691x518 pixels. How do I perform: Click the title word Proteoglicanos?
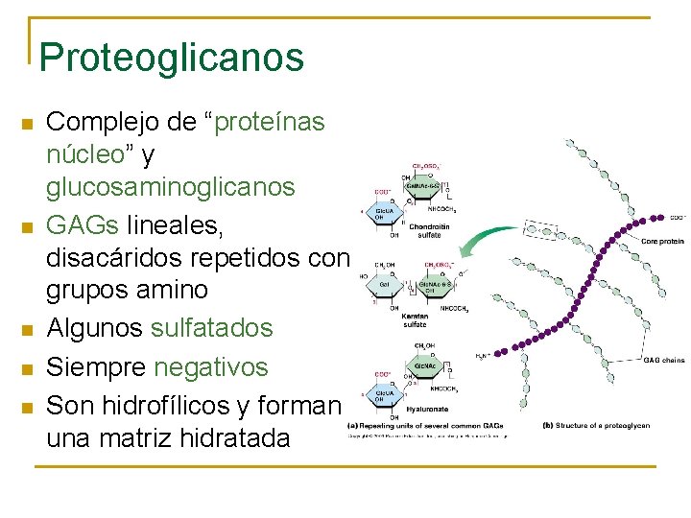172,57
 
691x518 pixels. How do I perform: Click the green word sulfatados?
212,328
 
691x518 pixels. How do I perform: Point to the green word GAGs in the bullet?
83,224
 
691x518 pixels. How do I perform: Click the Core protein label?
662,241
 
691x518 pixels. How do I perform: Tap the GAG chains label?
664,361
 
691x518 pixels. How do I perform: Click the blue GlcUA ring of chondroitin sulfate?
382,213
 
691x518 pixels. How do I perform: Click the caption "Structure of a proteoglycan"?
586,425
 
